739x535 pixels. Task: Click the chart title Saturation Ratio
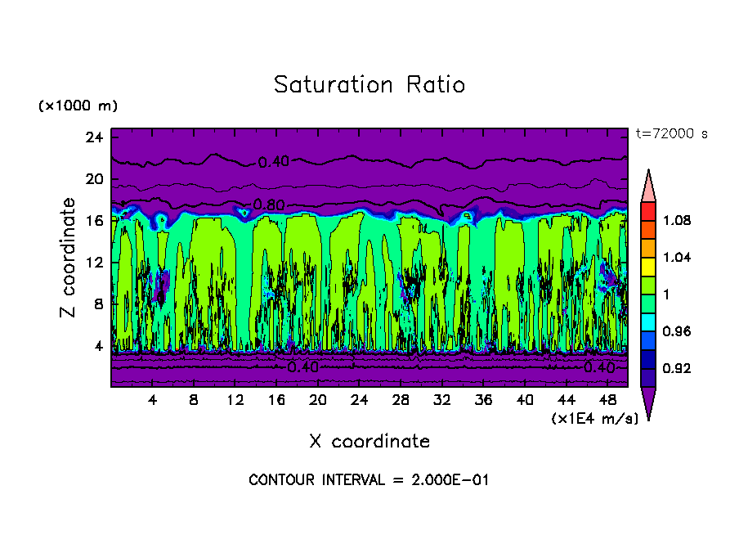369,85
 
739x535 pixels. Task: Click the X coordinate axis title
369,442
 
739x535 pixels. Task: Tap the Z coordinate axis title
69,258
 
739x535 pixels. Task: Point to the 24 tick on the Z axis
93,137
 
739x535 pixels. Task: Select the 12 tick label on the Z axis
93,263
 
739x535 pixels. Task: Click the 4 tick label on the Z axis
97,346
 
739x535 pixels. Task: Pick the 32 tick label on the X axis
441,400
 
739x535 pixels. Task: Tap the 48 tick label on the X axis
607,400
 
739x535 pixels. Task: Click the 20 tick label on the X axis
317,400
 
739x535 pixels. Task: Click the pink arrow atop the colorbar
648,184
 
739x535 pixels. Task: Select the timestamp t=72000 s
671,133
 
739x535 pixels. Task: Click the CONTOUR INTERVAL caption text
369,480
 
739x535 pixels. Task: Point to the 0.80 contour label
267,205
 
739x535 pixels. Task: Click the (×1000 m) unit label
78,106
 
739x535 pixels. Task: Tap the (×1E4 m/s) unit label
594,418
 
